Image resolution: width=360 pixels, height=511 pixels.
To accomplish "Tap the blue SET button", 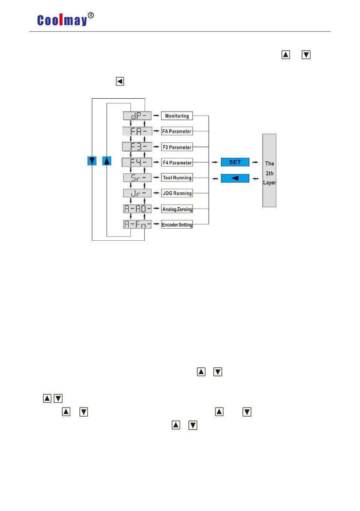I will (235, 162).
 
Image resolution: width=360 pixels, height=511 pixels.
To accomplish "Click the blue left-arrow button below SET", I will (235, 178).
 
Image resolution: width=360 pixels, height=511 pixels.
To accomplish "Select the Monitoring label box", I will (177, 116).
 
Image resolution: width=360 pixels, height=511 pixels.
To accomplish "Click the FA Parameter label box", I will (177, 131).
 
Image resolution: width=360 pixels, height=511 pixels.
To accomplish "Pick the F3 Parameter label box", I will (177, 147).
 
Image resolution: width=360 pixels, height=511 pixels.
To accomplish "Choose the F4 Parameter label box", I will (177, 163).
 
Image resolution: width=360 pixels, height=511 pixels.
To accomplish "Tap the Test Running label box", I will (177, 178).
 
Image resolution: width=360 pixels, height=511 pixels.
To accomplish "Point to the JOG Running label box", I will (177, 193).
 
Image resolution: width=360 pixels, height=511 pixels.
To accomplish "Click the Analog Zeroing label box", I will (177, 209).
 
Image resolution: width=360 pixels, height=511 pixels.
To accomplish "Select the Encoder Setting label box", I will (177, 224).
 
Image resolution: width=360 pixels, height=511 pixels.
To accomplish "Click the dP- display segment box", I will (137, 116).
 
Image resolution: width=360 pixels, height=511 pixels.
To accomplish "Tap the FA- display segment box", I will (137, 131).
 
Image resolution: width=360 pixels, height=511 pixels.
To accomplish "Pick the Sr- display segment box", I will (137, 178).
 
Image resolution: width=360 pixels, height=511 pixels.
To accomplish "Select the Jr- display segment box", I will (137, 193).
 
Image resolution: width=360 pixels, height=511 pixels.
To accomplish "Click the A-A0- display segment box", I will (137, 209).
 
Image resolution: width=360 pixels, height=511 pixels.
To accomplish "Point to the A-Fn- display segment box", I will (137, 224).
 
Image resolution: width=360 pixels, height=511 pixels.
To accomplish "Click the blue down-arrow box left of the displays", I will (92, 161).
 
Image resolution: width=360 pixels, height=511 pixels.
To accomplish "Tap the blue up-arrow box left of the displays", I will (107, 161).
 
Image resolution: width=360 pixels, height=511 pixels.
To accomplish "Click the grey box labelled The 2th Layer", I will (269, 170).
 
